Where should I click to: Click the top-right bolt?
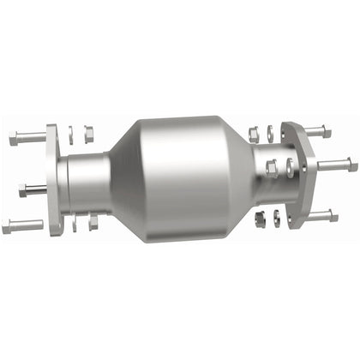click(315, 131)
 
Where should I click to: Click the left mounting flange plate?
click(53, 181)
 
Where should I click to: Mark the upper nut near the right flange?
click(254, 132)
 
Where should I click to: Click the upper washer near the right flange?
click(270, 132)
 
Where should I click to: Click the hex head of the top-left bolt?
click(15, 137)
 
